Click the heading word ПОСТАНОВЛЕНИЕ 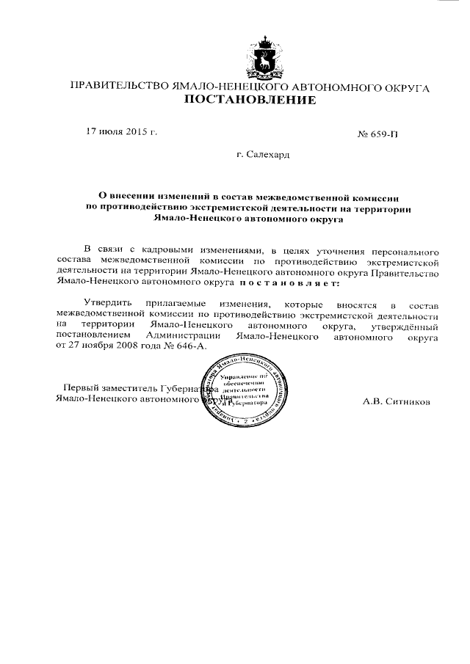point(249,101)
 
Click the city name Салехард point(263,156)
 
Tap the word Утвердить point(109,304)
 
